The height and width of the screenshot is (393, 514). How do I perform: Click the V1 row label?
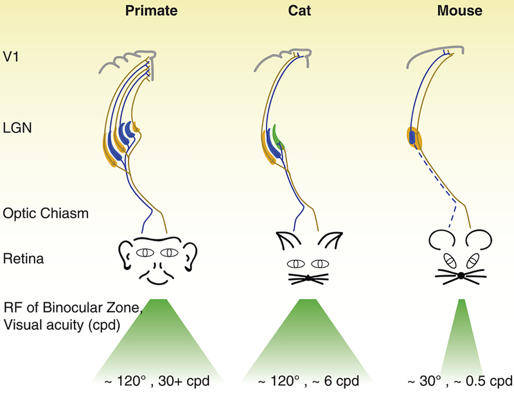(x=11, y=56)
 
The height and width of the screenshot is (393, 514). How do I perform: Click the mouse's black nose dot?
(x=461, y=277)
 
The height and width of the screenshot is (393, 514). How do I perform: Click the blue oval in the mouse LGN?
(x=411, y=138)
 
